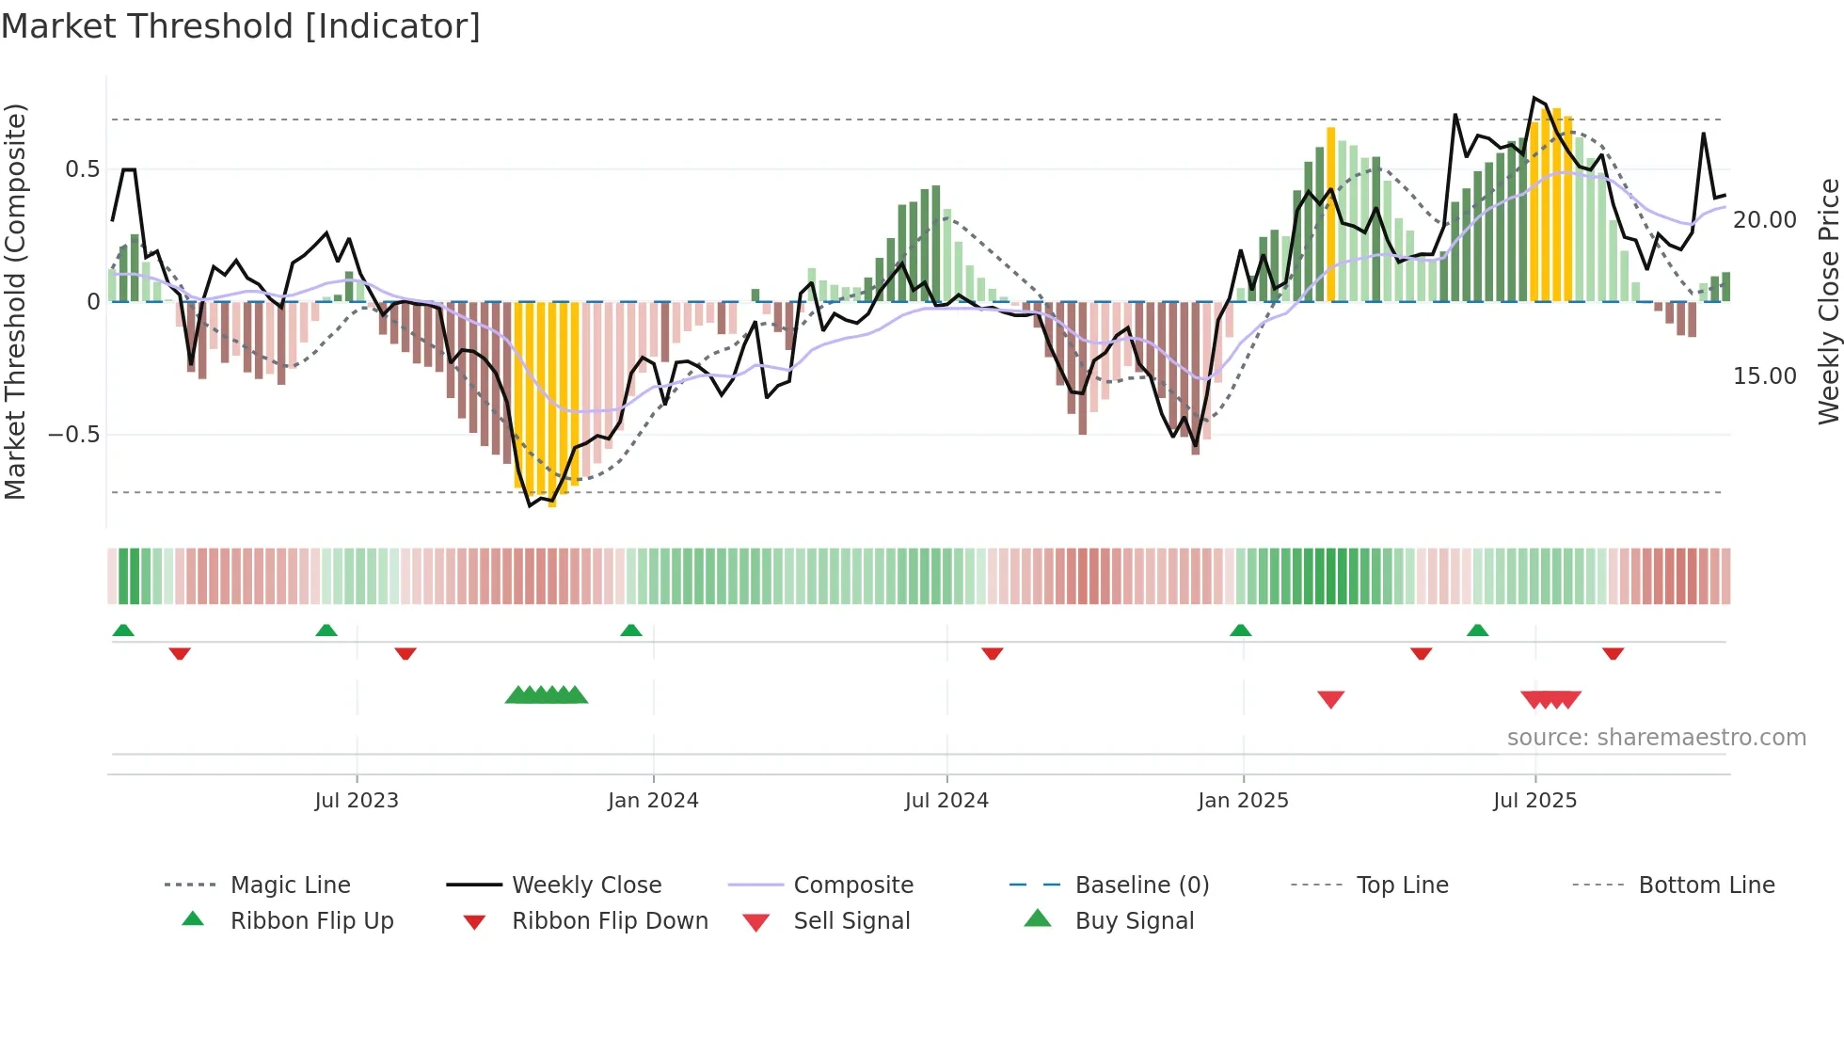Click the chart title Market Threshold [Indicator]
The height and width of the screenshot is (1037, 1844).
coord(241,26)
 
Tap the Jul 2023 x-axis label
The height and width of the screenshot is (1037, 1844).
coord(357,801)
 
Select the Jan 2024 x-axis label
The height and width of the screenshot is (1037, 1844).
coord(653,801)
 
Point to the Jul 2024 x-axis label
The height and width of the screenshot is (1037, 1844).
coord(946,801)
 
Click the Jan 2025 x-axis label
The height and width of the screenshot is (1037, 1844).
coord(1243,801)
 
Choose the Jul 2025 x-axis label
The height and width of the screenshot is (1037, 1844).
coord(1534,801)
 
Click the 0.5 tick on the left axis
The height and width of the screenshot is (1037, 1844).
coord(82,169)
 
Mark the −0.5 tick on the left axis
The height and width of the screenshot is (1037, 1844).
coord(74,435)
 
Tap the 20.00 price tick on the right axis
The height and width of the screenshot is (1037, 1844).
coord(1764,220)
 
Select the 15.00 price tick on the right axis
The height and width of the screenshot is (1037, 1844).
coord(1764,376)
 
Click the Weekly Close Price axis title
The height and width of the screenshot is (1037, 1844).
coord(1828,301)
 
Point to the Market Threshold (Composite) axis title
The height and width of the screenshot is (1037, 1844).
coord(15,301)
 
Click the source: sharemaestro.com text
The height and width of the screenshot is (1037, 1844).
coord(1656,738)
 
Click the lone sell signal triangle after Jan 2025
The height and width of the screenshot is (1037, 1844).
coord(1330,698)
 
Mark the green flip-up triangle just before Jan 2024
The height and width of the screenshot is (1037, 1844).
coord(631,630)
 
